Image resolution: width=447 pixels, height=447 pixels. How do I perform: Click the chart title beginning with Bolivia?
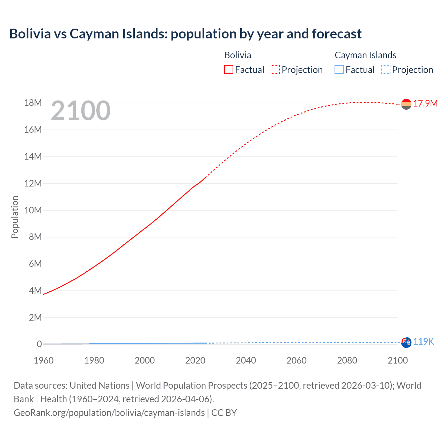pyautogui.click(x=185, y=34)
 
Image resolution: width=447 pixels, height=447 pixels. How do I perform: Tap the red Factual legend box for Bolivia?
pyautogui.click(x=228, y=70)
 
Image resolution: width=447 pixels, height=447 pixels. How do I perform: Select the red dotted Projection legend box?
pyautogui.click(x=275, y=70)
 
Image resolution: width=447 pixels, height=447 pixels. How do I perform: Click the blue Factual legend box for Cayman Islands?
pyautogui.click(x=339, y=70)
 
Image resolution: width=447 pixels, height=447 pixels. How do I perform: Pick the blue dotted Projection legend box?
pyautogui.click(x=386, y=70)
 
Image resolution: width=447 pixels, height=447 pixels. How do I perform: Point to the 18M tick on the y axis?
pyautogui.click(x=33, y=103)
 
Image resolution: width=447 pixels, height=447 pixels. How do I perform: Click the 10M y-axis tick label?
pyautogui.click(x=33, y=210)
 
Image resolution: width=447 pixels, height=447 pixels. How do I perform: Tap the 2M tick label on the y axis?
pyautogui.click(x=35, y=317)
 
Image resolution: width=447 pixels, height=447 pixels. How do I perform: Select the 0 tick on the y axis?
pyautogui.click(x=39, y=344)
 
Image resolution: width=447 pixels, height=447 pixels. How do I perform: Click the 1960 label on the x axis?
pyautogui.click(x=44, y=360)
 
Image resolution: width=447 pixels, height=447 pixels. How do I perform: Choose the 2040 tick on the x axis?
pyautogui.click(x=246, y=360)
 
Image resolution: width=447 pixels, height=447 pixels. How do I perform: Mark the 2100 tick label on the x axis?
pyautogui.click(x=397, y=360)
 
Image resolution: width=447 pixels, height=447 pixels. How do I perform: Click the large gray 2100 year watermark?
pyautogui.click(x=81, y=111)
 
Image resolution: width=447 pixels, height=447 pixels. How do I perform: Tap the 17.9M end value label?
pyautogui.click(x=425, y=103)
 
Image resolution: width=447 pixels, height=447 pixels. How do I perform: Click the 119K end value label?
pyautogui.click(x=423, y=342)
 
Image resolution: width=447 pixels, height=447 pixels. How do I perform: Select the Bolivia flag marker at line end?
pyautogui.click(x=406, y=104)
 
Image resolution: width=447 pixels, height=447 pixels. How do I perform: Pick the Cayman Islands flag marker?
pyautogui.click(x=406, y=343)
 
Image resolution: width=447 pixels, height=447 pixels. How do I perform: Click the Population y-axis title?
pyautogui.click(x=15, y=217)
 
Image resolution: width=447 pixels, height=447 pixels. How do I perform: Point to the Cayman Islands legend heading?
pyautogui.click(x=365, y=55)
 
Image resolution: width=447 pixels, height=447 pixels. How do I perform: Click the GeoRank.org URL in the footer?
pyautogui.click(x=109, y=413)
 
